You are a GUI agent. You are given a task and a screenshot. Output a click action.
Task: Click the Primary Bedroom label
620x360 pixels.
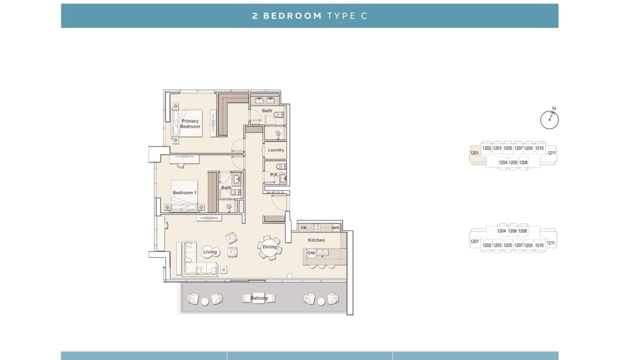pyautogui.click(x=190, y=123)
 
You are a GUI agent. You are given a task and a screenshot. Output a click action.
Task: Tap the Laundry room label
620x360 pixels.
pyautogui.click(x=276, y=150)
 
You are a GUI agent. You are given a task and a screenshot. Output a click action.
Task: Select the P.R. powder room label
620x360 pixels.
pyautogui.click(x=274, y=175)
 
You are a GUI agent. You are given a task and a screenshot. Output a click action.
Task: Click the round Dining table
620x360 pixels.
pyautogui.click(x=269, y=247)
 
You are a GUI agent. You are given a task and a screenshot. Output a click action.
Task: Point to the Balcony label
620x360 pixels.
pyautogui.click(x=259, y=298)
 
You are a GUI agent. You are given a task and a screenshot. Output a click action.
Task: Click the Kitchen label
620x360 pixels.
pyautogui.click(x=316, y=240)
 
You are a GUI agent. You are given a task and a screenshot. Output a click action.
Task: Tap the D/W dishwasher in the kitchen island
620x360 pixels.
pyautogui.click(x=311, y=253)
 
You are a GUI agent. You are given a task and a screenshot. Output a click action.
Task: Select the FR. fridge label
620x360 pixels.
pyautogui.click(x=304, y=228)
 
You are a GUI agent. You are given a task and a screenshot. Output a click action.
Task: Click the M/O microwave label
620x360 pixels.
pyautogui.click(x=335, y=227)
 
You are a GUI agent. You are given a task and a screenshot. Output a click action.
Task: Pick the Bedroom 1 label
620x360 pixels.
pyautogui.click(x=184, y=192)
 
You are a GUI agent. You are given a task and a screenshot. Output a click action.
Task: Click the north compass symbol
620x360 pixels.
pyautogui.click(x=549, y=119)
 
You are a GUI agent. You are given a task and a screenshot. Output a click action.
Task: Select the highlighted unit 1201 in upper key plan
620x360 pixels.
pyautogui.click(x=474, y=153)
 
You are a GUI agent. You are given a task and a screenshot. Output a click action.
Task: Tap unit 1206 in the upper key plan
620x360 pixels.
pyautogui.click(x=513, y=162)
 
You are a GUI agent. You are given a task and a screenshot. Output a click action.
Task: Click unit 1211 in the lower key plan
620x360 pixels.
pyautogui.click(x=550, y=243)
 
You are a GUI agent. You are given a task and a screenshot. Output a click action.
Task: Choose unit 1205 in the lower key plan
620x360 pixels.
pyautogui.click(x=507, y=245)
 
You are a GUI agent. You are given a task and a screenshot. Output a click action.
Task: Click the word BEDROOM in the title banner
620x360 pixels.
pyautogui.click(x=292, y=16)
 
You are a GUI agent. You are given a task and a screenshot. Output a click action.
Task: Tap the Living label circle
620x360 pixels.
pyautogui.click(x=210, y=252)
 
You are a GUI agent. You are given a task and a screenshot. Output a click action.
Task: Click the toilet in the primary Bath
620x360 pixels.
pyautogui.click(x=278, y=114)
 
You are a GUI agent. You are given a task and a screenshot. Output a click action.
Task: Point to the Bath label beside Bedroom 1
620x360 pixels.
pyautogui.click(x=226, y=187)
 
